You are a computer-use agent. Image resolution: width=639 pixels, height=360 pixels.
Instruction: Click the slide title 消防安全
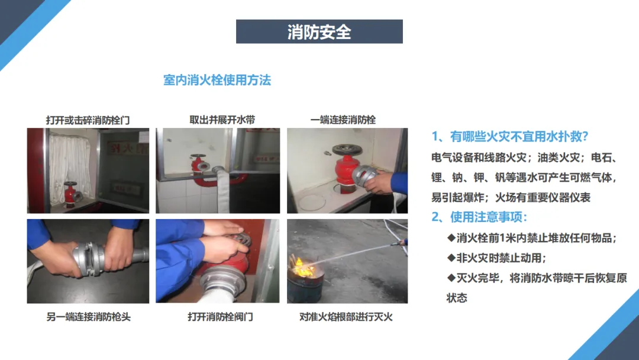tap(319, 32)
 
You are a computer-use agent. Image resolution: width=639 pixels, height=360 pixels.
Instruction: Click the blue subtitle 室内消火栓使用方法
tap(217, 80)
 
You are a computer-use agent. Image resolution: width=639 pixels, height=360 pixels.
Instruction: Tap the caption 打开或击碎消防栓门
tap(88, 120)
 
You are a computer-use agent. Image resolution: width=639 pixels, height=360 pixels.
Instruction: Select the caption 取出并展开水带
tap(222, 120)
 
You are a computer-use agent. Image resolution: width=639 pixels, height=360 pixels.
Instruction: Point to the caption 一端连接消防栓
tap(343, 120)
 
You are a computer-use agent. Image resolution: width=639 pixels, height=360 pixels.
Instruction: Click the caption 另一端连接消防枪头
tap(88, 317)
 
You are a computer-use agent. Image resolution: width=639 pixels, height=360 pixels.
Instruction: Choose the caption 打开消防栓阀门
tap(220, 317)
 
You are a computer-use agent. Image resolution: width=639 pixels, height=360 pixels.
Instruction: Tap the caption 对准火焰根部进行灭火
tap(346, 317)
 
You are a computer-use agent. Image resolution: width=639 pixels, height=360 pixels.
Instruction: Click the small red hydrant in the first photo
tap(70, 193)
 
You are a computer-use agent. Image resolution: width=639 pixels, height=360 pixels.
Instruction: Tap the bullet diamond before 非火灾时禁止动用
tap(451, 258)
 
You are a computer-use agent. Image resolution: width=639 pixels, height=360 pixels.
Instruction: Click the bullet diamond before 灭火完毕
tap(451, 278)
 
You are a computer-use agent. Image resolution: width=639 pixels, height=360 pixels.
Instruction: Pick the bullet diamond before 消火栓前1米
tap(451, 237)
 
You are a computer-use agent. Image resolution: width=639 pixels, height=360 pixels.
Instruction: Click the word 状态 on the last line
tap(457, 298)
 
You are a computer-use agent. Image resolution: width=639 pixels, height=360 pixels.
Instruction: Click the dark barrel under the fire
tap(306, 287)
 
